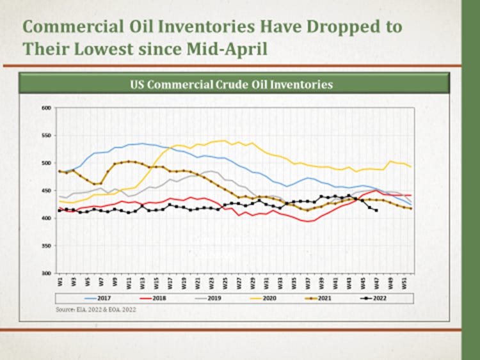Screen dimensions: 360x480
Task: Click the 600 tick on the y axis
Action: (45, 108)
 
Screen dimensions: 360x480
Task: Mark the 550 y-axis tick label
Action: (45, 136)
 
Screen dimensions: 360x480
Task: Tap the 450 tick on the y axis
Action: (45, 191)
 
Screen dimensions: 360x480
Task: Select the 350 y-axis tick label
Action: (45, 246)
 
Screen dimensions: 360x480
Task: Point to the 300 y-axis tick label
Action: (45, 273)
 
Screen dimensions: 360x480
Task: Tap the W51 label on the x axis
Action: (403, 281)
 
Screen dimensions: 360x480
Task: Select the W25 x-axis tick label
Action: (225, 281)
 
